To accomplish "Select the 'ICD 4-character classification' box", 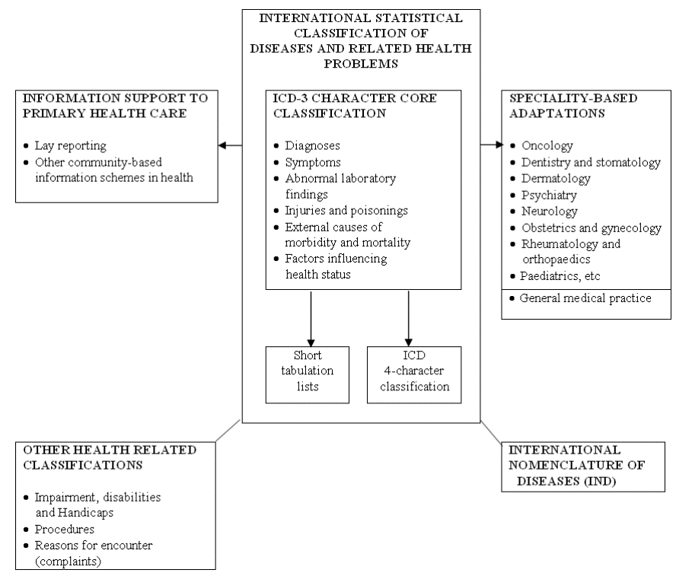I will [413, 374].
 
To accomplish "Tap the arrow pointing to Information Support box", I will [230, 145].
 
